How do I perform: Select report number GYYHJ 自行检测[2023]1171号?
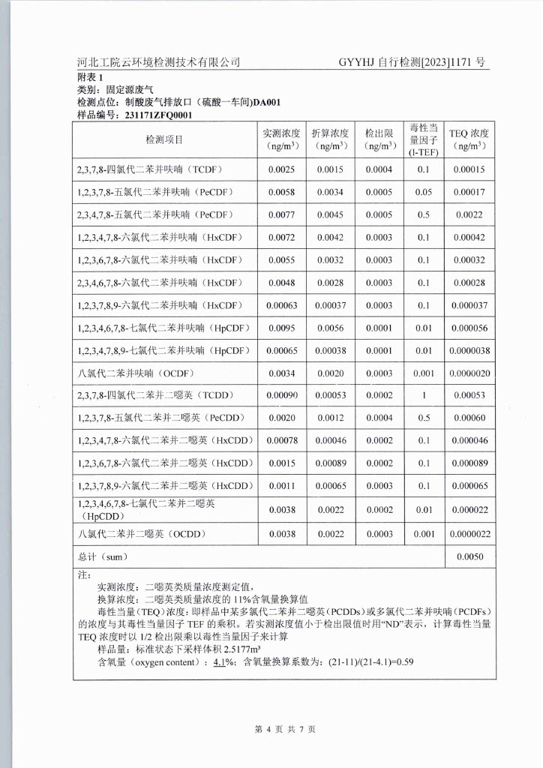click(x=412, y=62)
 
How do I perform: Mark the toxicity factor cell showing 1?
click(x=424, y=395)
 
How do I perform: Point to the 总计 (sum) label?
click(x=103, y=557)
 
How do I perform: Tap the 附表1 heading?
click(x=88, y=77)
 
